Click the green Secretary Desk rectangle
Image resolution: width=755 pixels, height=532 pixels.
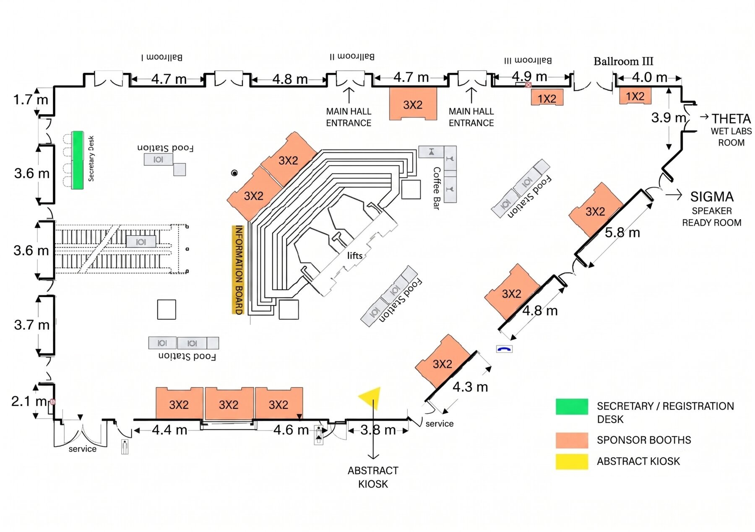[x=78, y=160]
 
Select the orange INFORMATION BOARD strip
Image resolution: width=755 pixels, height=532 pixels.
[x=238, y=270]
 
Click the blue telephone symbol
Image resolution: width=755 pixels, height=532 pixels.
[x=504, y=349]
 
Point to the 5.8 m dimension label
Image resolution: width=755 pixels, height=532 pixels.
[x=622, y=233]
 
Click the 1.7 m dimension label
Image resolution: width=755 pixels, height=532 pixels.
[x=31, y=100]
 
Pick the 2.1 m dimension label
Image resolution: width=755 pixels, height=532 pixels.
[x=29, y=401]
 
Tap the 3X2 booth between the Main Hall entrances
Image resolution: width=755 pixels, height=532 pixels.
[x=413, y=104]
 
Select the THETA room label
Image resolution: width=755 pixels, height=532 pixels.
[x=731, y=119]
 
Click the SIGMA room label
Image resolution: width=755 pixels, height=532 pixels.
[x=712, y=197]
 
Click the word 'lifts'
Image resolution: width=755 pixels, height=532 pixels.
[x=355, y=255]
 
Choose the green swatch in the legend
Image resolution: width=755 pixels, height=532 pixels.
[x=572, y=407]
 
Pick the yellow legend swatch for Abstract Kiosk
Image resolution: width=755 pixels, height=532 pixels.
[x=572, y=462]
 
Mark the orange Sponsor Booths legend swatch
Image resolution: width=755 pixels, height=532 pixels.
[x=572, y=440]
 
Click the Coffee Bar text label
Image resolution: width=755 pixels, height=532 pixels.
[x=437, y=188]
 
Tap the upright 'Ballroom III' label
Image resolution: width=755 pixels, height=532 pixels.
[x=623, y=61]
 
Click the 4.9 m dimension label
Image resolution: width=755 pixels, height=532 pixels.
[x=529, y=77]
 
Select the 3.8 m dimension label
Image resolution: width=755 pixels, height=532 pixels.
[x=378, y=430]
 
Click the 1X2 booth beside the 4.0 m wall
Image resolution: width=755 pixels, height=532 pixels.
[x=635, y=96]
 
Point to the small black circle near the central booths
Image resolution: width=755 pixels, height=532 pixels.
[x=234, y=173]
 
